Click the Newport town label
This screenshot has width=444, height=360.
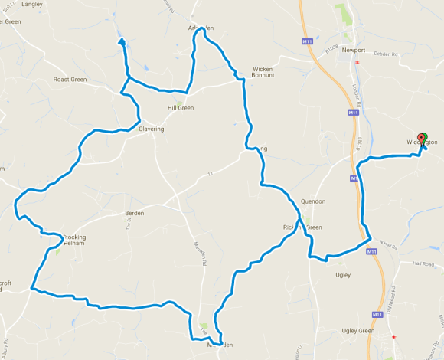tap(354, 50)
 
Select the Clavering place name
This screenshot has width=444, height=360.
tap(151, 129)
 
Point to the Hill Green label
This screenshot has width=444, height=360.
tap(180, 108)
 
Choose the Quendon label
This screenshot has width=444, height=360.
tap(313, 201)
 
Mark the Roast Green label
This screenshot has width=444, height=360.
tap(71, 79)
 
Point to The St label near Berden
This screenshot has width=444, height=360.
tap(131, 225)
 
